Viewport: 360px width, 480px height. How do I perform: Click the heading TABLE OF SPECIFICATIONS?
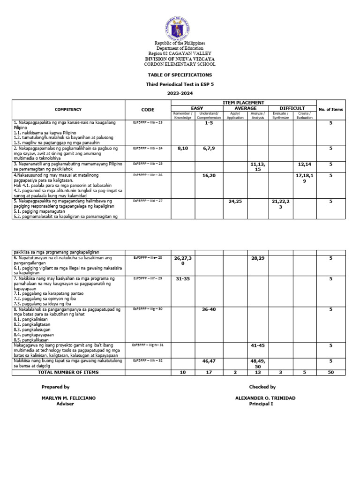(180, 75)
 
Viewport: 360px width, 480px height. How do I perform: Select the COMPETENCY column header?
(68, 110)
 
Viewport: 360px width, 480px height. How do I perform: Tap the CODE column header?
(148, 110)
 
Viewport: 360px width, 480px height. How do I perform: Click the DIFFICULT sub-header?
(292, 108)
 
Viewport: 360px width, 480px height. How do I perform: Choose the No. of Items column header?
(330, 110)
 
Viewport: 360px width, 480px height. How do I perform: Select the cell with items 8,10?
(182, 148)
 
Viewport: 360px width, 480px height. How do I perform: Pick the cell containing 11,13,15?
(258, 166)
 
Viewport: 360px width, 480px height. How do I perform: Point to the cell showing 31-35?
(182, 279)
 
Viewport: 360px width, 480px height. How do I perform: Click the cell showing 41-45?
(258, 345)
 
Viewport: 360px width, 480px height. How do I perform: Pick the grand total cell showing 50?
(330, 372)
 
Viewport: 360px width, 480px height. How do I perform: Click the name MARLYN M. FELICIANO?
(68, 397)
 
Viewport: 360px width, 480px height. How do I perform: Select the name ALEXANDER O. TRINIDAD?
(265, 397)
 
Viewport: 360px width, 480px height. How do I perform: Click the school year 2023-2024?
(180, 93)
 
